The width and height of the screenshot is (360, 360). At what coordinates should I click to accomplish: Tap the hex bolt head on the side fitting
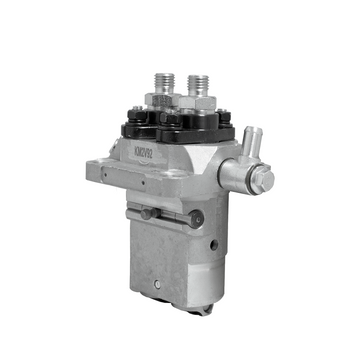point(264,181)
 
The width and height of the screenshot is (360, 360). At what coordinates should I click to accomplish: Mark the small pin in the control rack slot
point(147,213)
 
